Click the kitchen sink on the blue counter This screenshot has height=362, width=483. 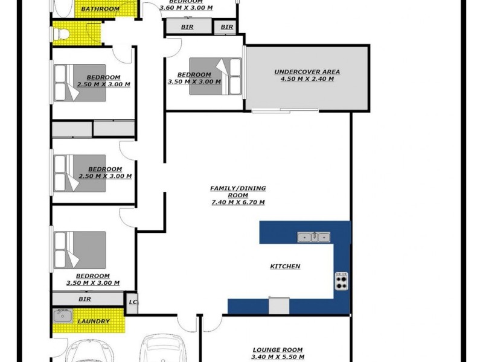[x=314, y=237]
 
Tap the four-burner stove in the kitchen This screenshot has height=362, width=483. [x=341, y=281]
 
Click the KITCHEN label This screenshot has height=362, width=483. [x=285, y=266]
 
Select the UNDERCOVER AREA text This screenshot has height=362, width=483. [x=307, y=72]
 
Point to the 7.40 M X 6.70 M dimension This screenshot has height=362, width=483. [x=237, y=202]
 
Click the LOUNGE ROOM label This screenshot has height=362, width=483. [x=277, y=350]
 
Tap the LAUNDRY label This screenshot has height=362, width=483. [x=94, y=322]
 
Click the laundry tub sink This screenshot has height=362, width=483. [x=63, y=316]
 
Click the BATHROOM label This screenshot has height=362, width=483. [x=100, y=9]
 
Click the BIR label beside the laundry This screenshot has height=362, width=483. [x=85, y=299]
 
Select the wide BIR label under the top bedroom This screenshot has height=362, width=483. [x=188, y=27]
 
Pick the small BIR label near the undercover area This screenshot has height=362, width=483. [x=227, y=27]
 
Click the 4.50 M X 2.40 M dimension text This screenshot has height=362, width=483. [x=307, y=79]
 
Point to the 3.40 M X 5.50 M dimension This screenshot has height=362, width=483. [x=277, y=357]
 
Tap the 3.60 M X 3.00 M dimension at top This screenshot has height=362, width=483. [x=187, y=8]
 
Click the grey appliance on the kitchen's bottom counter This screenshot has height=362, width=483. [x=279, y=306]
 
